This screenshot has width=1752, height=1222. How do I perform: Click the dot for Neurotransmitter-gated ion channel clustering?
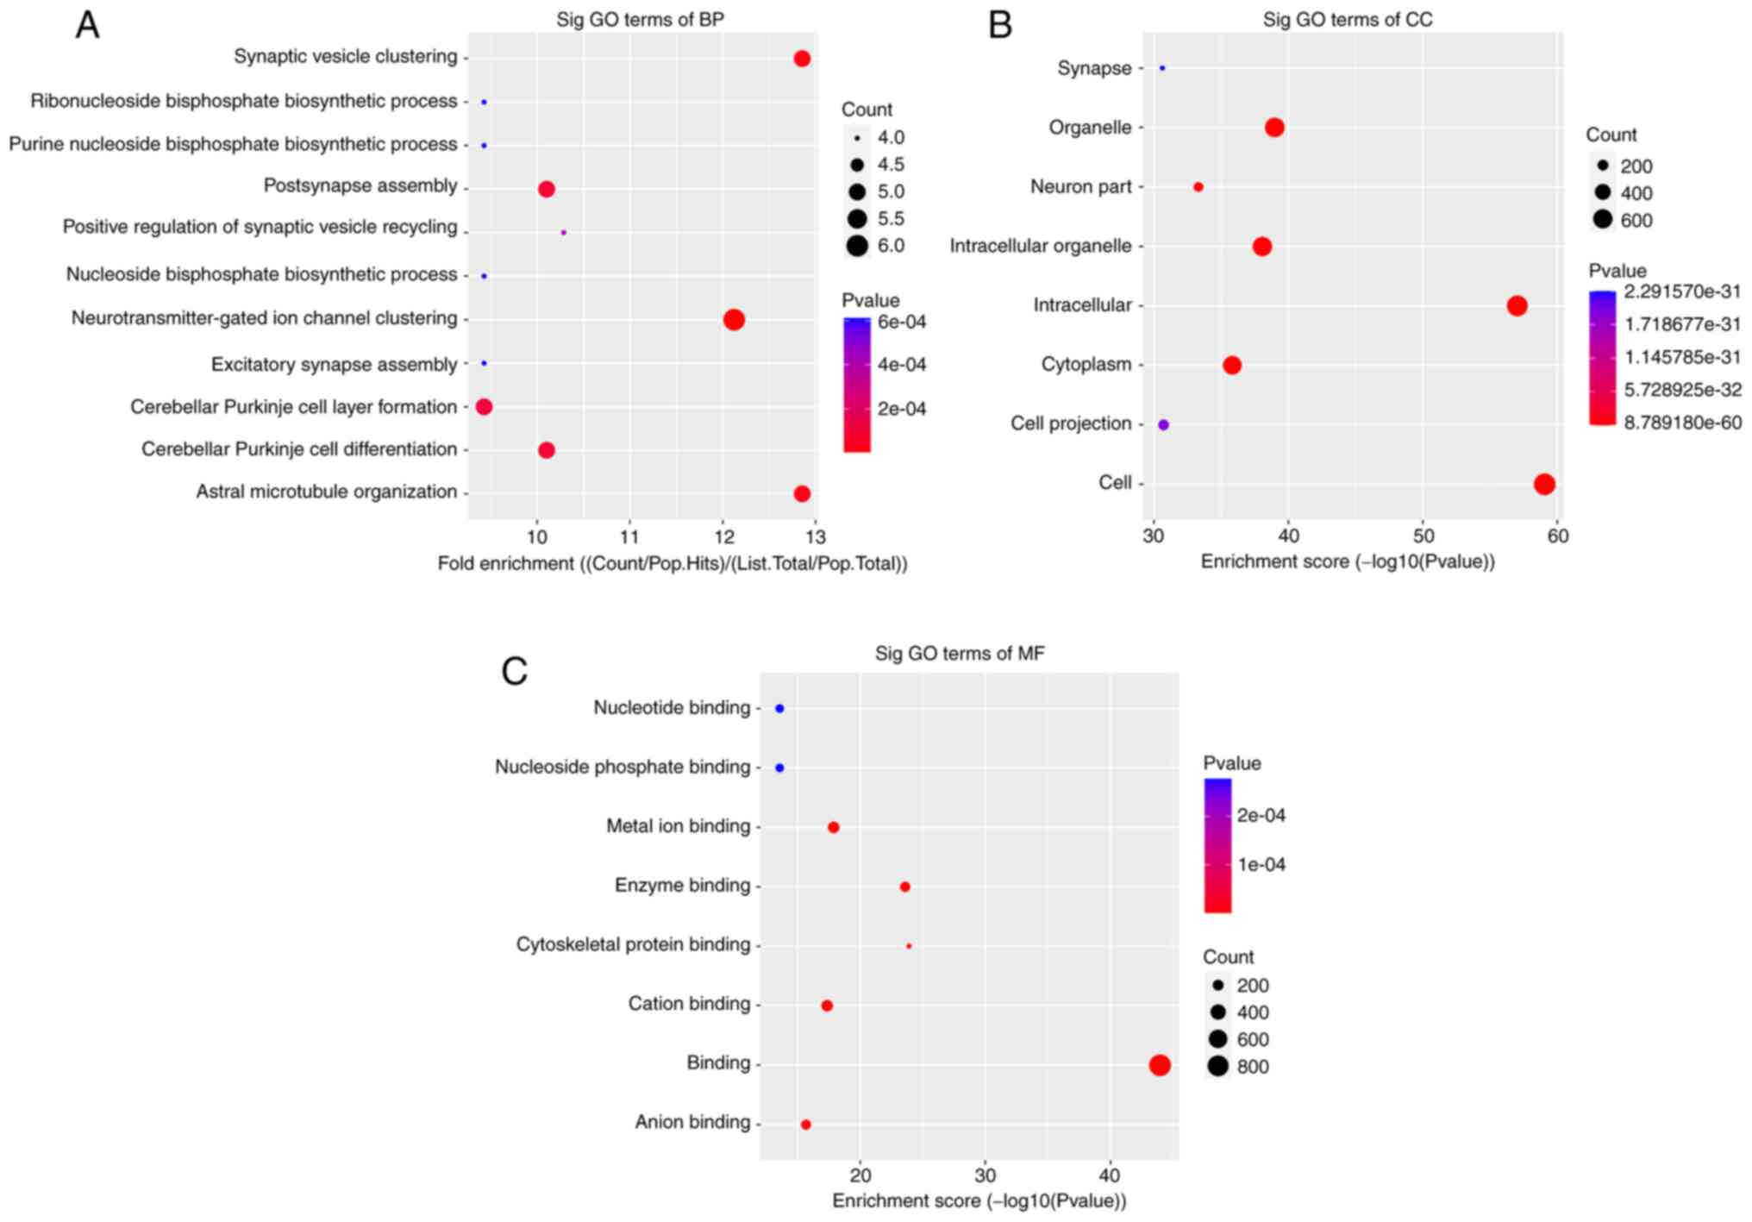click(x=734, y=320)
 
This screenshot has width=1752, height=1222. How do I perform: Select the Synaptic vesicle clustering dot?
click(x=802, y=59)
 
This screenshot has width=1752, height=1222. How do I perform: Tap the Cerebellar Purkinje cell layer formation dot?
click(x=484, y=407)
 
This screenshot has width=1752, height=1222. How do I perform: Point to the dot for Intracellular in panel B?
click(x=1517, y=305)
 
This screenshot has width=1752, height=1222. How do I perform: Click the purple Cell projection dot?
click(x=1163, y=424)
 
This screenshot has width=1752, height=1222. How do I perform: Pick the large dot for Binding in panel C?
click(x=1160, y=1065)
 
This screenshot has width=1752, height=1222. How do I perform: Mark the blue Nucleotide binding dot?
click(x=779, y=709)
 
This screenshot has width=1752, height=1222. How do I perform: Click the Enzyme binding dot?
click(x=904, y=887)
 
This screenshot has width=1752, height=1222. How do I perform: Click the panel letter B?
click(x=999, y=26)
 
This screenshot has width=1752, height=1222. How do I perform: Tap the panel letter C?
click(x=515, y=671)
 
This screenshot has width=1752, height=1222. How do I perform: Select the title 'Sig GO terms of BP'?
click(x=640, y=20)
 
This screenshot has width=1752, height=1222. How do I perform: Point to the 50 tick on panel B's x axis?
click(x=1423, y=536)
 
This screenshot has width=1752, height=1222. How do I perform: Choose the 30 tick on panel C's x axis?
click(x=985, y=1175)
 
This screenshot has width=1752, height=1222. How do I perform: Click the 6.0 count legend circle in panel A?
click(x=857, y=246)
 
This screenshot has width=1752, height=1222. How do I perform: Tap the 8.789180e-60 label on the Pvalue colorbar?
click(x=1682, y=423)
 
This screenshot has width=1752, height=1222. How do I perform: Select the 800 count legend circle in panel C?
click(x=1217, y=1067)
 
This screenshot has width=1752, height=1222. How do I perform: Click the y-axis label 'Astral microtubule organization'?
click(x=327, y=492)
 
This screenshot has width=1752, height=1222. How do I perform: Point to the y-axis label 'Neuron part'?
click(x=1080, y=187)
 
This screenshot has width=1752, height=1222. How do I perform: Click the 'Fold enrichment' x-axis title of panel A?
click(x=673, y=564)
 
